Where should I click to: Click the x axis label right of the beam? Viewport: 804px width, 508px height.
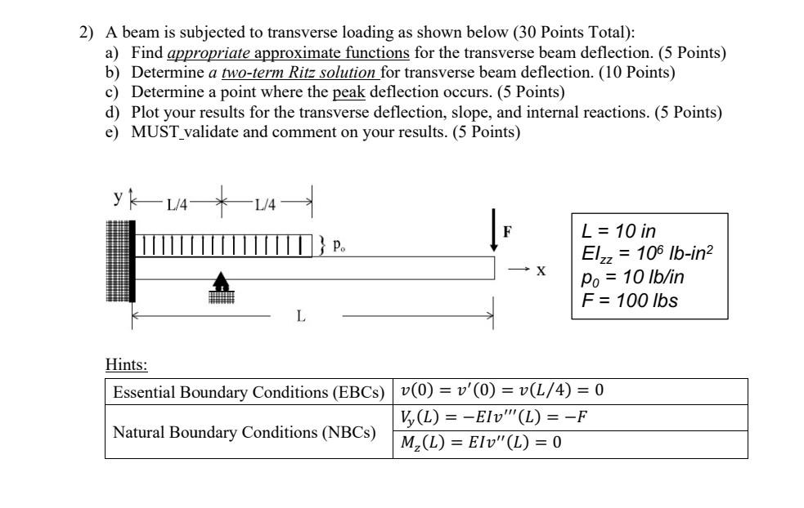pyautogui.click(x=541, y=269)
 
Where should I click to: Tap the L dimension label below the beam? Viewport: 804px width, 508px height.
pyautogui.click(x=301, y=317)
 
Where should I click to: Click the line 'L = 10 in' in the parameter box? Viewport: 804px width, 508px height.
pyautogui.click(x=618, y=231)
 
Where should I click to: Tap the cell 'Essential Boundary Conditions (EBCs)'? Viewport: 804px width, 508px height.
pyautogui.click(x=249, y=392)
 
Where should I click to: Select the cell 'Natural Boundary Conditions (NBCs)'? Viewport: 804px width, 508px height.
pyautogui.click(x=245, y=431)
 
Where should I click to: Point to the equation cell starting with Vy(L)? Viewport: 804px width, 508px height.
pyautogui.click(x=494, y=418)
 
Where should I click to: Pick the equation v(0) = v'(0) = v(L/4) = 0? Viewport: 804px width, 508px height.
pyautogui.click(x=502, y=391)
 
